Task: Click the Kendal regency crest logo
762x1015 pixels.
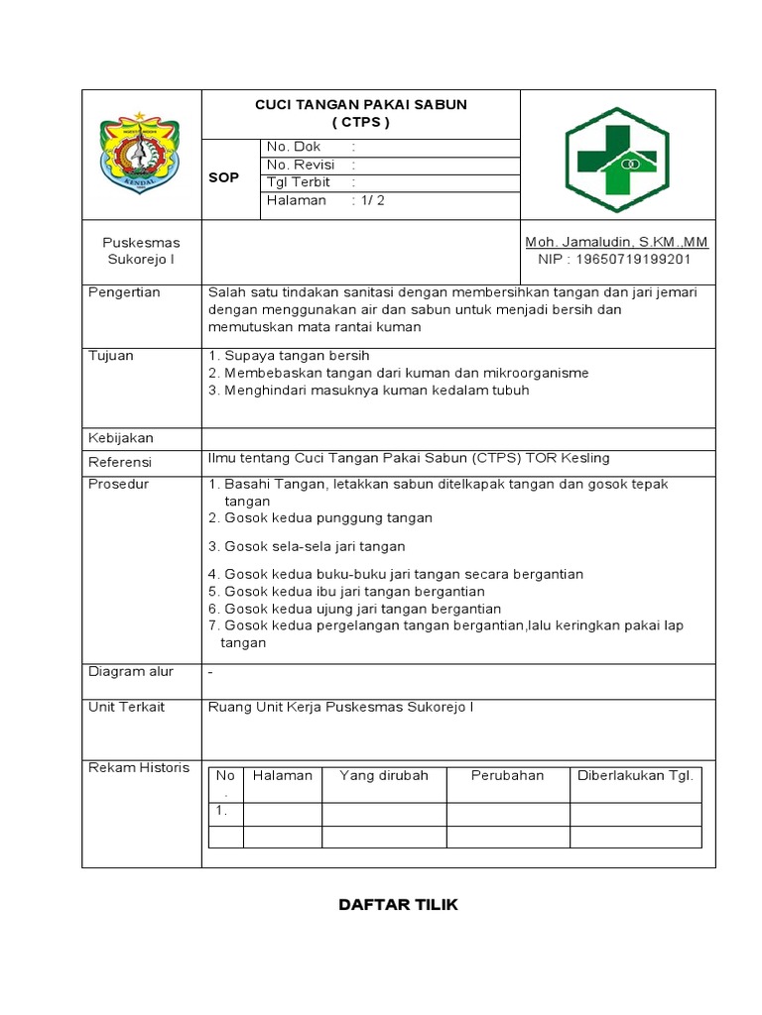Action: coord(141,155)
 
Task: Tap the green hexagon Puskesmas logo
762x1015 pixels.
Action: coord(616,154)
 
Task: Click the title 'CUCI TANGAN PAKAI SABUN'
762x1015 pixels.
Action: coord(361,104)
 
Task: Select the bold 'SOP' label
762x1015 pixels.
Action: coord(223,177)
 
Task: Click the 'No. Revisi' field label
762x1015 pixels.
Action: coord(301,165)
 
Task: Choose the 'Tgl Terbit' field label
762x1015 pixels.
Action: coord(299,182)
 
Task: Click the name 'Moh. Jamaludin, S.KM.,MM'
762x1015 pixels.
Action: coord(616,242)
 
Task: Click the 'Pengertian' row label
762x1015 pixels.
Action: coord(125,292)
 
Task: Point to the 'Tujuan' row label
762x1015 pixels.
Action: coord(111,355)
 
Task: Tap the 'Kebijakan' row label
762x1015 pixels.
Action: coord(121,437)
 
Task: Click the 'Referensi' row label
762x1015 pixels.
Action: coord(120,462)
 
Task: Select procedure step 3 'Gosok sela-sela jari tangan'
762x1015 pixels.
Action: coord(307,546)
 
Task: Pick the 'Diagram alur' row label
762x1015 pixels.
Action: coord(131,671)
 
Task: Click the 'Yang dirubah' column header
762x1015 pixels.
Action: coord(384,775)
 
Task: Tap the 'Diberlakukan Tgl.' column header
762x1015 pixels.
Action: coord(635,775)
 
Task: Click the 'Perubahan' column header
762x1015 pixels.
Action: coord(507,775)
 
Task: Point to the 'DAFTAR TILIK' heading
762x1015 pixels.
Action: coord(398,905)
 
